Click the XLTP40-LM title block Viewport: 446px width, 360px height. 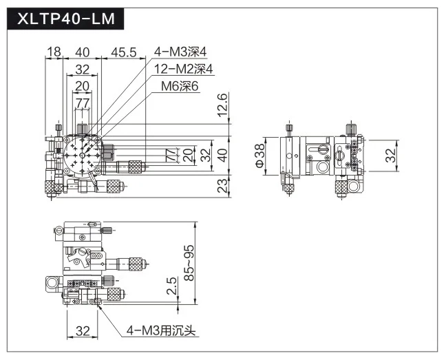[x=65, y=19]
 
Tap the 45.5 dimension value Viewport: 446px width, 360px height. [x=124, y=52]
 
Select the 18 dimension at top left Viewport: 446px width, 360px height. [x=54, y=52]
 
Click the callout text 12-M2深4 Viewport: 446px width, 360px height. [x=184, y=69]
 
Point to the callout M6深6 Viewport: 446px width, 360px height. [x=180, y=86]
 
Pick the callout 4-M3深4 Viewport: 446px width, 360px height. [x=180, y=52]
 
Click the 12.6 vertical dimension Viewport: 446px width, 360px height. [x=223, y=105]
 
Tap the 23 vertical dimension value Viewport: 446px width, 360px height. [x=223, y=186]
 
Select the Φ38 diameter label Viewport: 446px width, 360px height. [x=259, y=156]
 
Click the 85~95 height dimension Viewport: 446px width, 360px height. [x=189, y=263]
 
